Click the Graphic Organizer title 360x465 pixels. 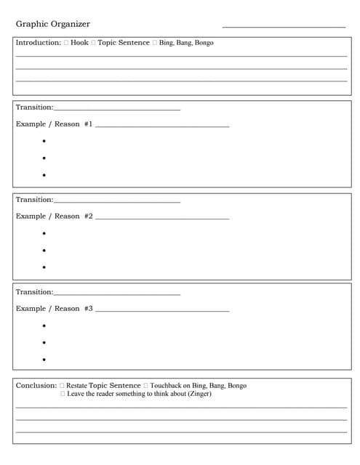(x=53, y=24)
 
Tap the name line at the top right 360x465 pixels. (x=284, y=27)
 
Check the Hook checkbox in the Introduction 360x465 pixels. (x=66, y=43)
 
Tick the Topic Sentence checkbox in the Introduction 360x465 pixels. (x=93, y=43)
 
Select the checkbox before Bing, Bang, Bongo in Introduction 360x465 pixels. (x=155, y=43)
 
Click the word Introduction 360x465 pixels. (x=38, y=43)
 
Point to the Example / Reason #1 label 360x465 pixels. (x=54, y=124)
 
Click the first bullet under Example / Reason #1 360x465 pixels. (x=44, y=141)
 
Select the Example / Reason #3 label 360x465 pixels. (x=54, y=309)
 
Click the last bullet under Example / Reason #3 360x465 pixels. (x=44, y=360)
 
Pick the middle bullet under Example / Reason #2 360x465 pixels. (x=44, y=250)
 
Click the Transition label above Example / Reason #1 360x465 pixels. (x=33, y=108)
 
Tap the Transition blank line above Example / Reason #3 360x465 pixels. (x=117, y=294)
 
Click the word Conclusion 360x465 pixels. (x=36, y=385)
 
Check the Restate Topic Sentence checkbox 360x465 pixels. (x=62, y=386)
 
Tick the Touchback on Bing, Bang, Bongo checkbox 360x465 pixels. (x=146, y=386)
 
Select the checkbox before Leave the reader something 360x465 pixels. (x=63, y=394)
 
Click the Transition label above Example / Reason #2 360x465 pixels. (x=33, y=200)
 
